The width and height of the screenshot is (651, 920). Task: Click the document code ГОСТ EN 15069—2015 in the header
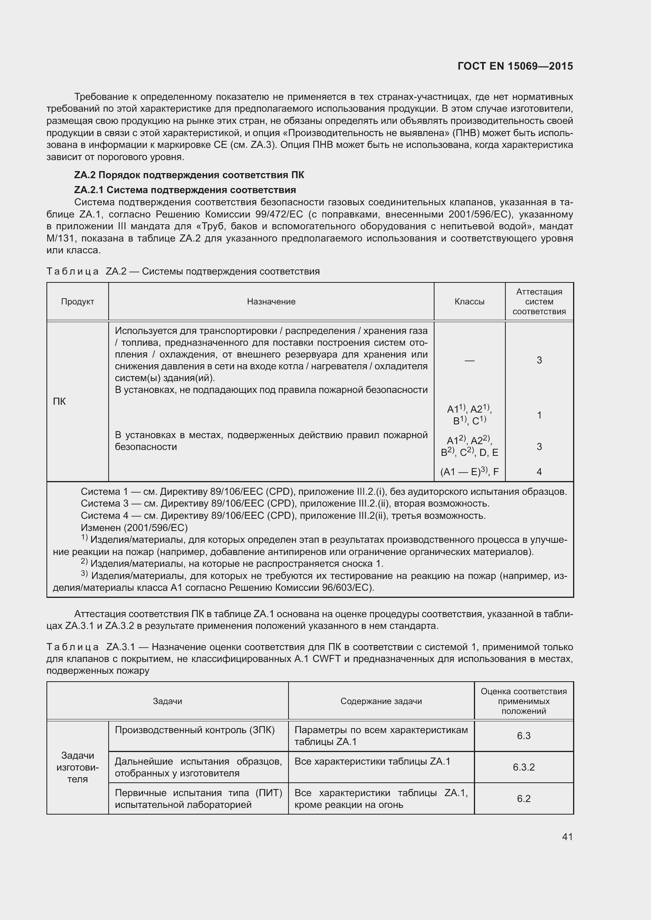pos(515,66)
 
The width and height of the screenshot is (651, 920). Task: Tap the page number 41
pos(567,837)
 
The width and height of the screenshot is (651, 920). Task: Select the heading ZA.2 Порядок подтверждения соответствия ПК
pos(189,175)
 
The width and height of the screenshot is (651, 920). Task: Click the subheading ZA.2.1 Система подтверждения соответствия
pos(185,190)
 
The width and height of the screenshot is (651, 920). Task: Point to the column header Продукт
pos(78,302)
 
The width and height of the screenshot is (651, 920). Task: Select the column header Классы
pos(470,302)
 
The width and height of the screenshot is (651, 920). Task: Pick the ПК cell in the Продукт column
pos(59,402)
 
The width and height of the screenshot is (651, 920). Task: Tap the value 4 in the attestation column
pos(539,472)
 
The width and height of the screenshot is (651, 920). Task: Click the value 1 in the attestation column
pos(539,415)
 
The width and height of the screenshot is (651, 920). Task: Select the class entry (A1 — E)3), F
pos(470,472)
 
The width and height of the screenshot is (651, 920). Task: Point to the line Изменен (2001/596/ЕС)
pos(134,528)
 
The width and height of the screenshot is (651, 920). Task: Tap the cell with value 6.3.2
pos(523,767)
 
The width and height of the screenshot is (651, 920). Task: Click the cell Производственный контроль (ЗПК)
pos(194,730)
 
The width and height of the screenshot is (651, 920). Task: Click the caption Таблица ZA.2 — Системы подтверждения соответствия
pos(183,272)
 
